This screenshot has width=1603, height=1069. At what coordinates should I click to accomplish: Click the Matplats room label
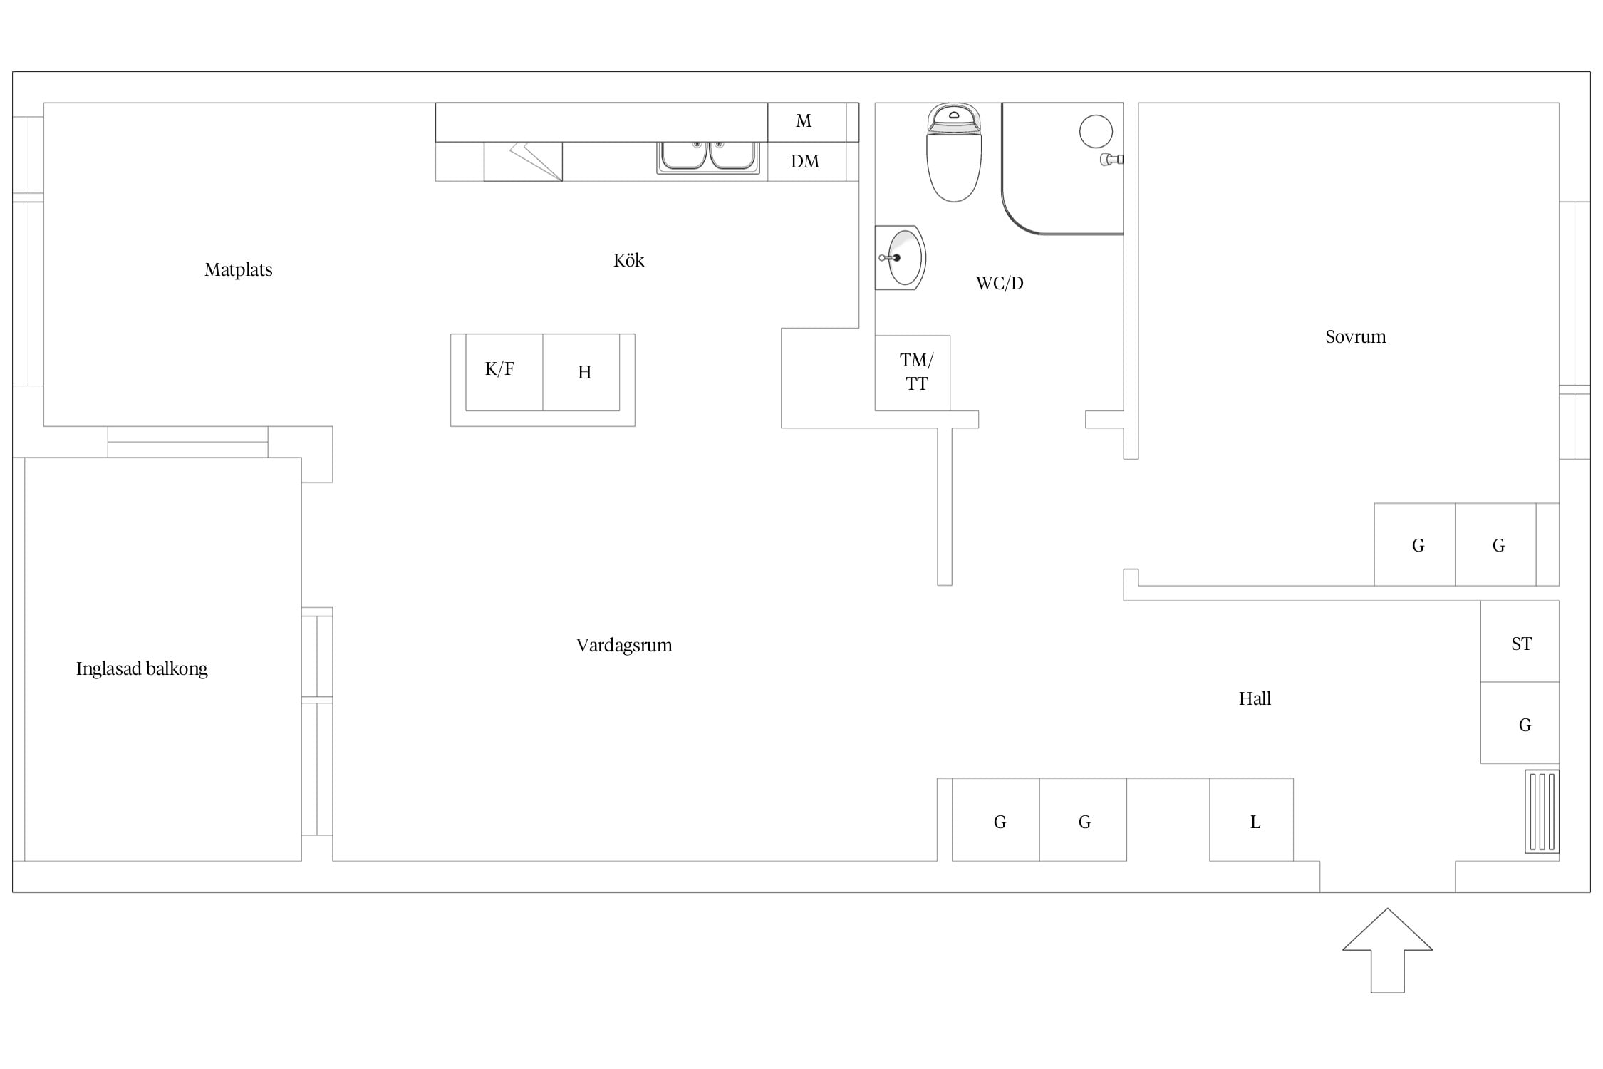(239, 270)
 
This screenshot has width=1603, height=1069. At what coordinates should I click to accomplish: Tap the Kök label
(628, 260)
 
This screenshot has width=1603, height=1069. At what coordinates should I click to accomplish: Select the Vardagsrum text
(624, 646)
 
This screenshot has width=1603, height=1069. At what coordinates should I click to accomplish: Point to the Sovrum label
(1356, 336)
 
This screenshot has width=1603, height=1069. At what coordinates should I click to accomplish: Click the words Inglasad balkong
(142, 669)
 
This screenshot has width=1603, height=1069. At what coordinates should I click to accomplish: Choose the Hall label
(1255, 698)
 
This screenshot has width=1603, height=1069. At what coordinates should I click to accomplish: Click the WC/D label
(1000, 283)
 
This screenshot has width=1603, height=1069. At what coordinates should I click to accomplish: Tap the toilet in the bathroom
(954, 153)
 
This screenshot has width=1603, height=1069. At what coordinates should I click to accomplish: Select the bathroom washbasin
(901, 258)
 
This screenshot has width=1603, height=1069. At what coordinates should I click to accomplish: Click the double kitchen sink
(708, 157)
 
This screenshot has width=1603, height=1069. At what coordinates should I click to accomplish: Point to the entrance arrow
(1387, 950)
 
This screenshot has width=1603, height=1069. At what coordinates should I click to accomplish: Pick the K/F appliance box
(504, 372)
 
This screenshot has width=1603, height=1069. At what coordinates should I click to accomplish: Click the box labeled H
(581, 372)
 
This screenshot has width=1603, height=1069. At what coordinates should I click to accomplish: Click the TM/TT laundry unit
(913, 373)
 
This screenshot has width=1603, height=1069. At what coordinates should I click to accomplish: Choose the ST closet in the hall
(1520, 641)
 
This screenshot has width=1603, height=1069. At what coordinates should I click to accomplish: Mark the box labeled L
(1251, 820)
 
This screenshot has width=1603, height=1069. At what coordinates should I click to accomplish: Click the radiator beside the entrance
(1542, 812)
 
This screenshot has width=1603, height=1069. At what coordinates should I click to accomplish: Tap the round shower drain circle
(1096, 132)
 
